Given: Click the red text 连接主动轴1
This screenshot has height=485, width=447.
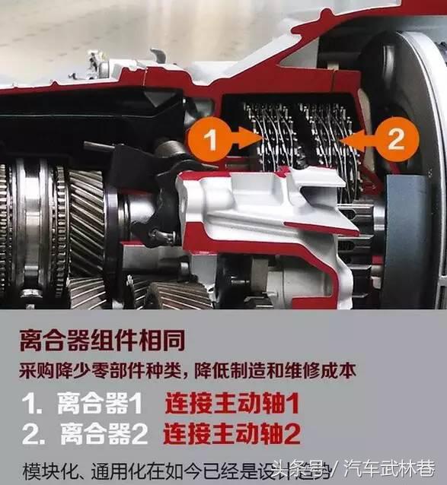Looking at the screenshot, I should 232,404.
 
